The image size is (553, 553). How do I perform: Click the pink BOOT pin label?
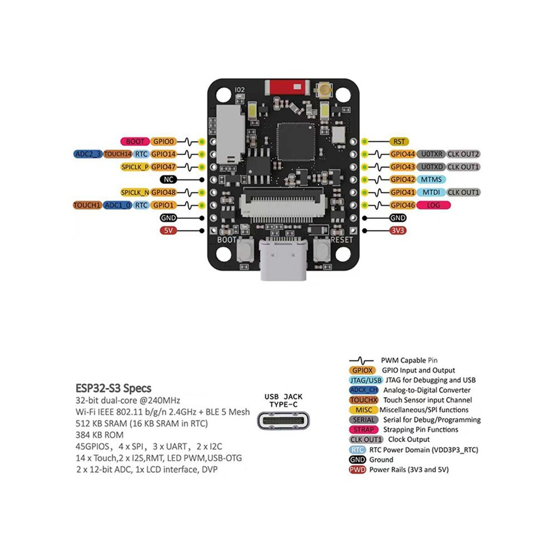click(135, 141)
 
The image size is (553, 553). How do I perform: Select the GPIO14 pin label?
click(163, 154)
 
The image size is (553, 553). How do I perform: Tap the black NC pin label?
click(168, 179)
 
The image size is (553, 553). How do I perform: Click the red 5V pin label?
click(168, 231)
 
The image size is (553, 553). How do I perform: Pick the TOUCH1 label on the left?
click(88, 205)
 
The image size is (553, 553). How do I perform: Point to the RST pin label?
click(399, 141)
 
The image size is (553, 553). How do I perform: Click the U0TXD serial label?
click(431, 167)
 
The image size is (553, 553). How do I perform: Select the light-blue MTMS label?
click(431, 179)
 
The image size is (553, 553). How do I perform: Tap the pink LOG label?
click(433, 205)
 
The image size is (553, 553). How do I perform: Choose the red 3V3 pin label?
click(398, 231)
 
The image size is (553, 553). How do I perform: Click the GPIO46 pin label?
click(403, 205)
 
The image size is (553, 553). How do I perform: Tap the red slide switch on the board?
click(287, 87)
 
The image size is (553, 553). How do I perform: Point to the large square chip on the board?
click(295, 142)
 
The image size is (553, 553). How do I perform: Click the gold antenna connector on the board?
click(323, 90)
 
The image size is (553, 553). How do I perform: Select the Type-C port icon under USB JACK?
click(283, 421)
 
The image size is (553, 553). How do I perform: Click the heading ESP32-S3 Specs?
click(113, 388)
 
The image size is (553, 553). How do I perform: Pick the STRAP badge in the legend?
click(363, 430)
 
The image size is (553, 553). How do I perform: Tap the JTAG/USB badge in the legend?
click(365, 380)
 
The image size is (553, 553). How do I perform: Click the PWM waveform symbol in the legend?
click(361, 360)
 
